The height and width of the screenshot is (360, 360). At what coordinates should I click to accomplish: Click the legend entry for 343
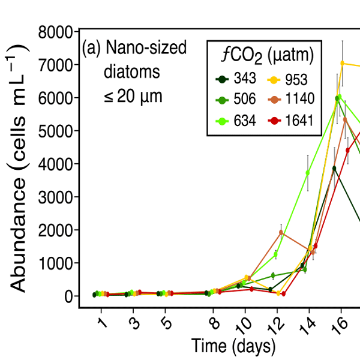click(238, 79)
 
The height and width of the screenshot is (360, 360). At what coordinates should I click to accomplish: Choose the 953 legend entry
click(290, 79)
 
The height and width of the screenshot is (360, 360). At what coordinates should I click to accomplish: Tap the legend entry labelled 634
click(238, 121)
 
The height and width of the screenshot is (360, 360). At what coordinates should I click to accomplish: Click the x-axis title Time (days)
click(233, 346)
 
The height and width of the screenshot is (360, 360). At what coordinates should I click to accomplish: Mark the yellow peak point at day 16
click(342, 63)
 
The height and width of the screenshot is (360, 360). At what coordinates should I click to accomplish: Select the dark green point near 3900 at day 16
click(335, 168)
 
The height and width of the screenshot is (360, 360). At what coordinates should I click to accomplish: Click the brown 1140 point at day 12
click(281, 232)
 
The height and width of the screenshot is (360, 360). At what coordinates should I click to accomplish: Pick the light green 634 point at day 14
click(308, 173)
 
